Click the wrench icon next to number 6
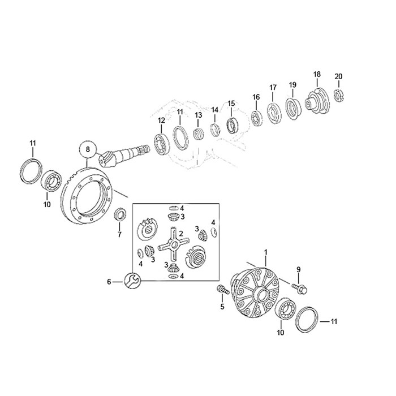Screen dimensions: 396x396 point(132,281)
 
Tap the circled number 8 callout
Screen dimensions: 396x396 point(87,149)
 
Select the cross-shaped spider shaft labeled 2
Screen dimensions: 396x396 point(173,244)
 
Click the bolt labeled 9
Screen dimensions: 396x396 point(300,289)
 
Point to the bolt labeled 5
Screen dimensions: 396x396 point(223,289)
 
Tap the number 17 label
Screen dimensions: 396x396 point(273,88)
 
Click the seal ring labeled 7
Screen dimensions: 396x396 point(119,214)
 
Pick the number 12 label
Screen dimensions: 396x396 point(161,120)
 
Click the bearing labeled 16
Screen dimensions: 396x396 point(257,118)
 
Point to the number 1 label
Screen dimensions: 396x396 point(265,252)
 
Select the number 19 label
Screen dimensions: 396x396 point(292,85)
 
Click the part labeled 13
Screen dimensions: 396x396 point(198,134)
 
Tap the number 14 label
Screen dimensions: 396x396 point(214,110)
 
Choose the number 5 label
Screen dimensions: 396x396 point(222,307)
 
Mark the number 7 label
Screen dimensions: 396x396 point(119,235)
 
